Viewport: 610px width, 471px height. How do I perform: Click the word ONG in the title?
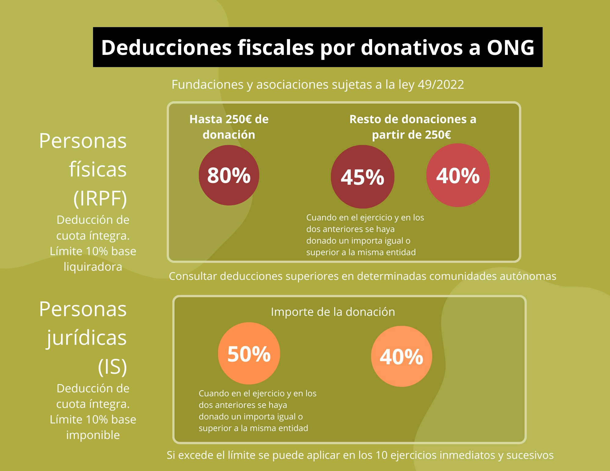coord(510,48)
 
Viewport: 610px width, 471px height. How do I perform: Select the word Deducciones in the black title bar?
coord(167,48)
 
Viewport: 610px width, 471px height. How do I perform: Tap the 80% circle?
coord(229,175)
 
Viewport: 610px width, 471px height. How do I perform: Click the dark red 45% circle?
coord(362,177)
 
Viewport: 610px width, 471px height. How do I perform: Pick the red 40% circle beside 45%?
coord(458,175)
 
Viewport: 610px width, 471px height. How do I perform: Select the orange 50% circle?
coord(249,354)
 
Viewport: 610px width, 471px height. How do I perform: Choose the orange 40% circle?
coord(401,356)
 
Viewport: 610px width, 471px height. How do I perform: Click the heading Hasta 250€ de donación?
coord(229,127)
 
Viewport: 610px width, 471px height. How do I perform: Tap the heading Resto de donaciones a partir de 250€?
coord(412,127)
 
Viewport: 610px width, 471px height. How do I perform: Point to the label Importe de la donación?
coord(333,312)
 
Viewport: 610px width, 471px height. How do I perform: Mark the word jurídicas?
coord(87,338)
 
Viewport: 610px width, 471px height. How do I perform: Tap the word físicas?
coord(98,169)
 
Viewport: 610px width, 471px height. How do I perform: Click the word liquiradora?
coord(93,267)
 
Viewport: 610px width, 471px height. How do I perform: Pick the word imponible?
coord(93,435)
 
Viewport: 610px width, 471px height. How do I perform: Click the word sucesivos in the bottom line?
coord(530,455)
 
